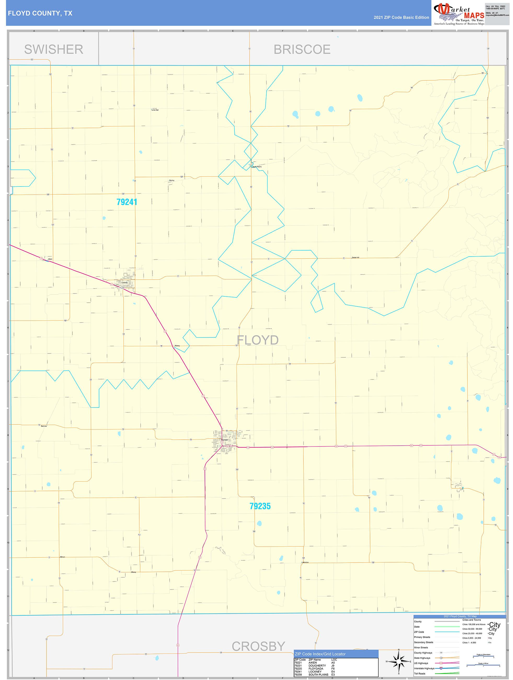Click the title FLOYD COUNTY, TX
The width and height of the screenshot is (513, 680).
(x=40, y=13)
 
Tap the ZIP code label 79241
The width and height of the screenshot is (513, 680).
(x=127, y=202)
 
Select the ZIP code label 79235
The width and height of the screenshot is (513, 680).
(x=260, y=506)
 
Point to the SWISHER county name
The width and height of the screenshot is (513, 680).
(x=54, y=49)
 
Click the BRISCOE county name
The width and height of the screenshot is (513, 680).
(x=302, y=49)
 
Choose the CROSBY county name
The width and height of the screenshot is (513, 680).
(x=258, y=646)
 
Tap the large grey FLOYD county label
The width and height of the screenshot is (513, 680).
(x=258, y=340)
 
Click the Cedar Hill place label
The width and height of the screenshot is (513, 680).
(x=355, y=257)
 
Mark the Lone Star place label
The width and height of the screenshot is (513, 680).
(x=155, y=110)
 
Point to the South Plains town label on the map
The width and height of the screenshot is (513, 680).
(x=257, y=167)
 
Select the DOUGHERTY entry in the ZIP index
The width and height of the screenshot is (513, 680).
(x=317, y=666)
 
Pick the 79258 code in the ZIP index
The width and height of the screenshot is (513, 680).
(x=298, y=675)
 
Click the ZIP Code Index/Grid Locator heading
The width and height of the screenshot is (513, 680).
(x=320, y=654)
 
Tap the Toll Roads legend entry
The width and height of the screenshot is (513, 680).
(x=420, y=673)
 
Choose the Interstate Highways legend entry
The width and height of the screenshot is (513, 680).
(x=424, y=668)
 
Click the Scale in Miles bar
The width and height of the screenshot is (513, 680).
(x=483, y=666)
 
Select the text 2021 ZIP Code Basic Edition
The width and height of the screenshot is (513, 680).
(x=401, y=18)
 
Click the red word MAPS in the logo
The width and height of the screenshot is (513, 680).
(x=474, y=16)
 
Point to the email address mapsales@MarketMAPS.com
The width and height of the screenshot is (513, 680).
(x=497, y=15)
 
